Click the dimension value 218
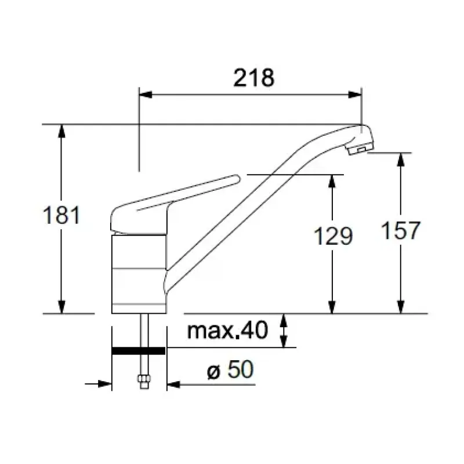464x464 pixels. pyautogui.click(x=254, y=78)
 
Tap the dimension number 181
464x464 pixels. pyautogui.click(x=61, y=215)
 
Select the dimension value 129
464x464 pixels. pyautogui.click(x=333, y=236)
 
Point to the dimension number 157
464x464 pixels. pyautogui.click(x=401, y=230)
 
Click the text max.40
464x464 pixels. pyautogui.click(x=227, y=330)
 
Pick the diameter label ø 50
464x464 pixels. pyautogui.click(x=230, y=369)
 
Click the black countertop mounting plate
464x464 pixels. pyautogui.click(x=139, y=351)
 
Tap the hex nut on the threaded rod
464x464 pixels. pyautogui.click(x=144, y=379)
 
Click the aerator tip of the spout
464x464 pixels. pyautogui.click(x=360, y=149)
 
